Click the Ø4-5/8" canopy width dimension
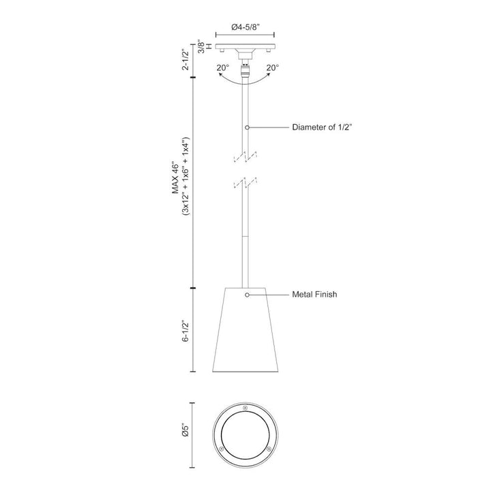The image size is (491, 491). [x=245, y=27]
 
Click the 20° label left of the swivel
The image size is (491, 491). [x=222, y=68]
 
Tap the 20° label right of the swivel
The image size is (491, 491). [x=272, y=68]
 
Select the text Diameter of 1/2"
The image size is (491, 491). [x=322, y=128]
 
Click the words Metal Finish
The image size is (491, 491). [x=315, y=295]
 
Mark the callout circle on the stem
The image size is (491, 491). [x=247, y=128]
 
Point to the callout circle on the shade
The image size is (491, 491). [x=247, y=295]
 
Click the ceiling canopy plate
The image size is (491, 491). [x=245, y=48]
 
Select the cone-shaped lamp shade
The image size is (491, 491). [x=245, y=327]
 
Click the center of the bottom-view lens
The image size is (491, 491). [x=245, y=432]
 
